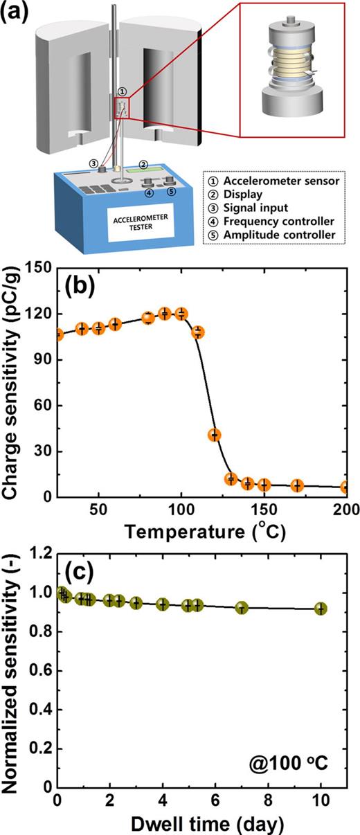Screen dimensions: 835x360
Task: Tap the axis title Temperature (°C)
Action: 201,534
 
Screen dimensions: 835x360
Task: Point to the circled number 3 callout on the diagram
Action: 93,163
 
